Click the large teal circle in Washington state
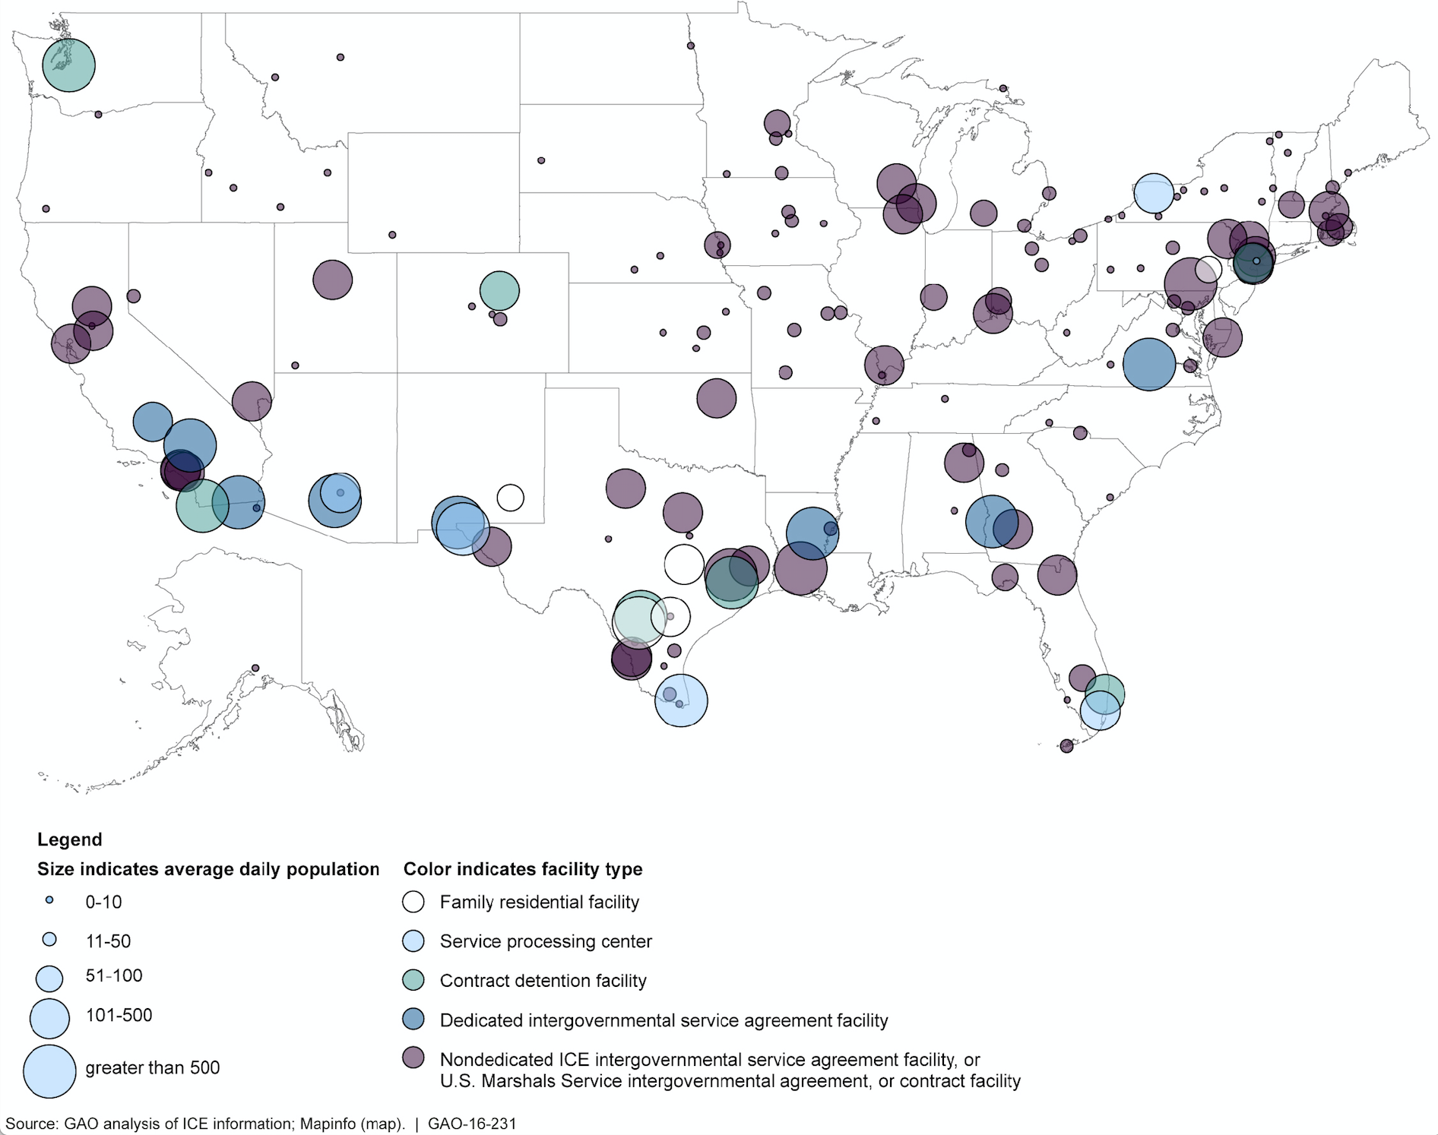tap(68, 65)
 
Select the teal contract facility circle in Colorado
tap(499, 290)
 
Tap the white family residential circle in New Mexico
tap(511, 498)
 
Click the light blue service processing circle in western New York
tap(1153, 193)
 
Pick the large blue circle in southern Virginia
tap(1148, 365)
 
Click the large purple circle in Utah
tap(332, 280)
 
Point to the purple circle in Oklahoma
tap(716, 397)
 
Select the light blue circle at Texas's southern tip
tap(681, 700)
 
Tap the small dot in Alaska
tap(255, 668)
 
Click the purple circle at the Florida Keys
tap(1066, 746)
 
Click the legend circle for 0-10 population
tap(49, 899)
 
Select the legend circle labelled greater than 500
tap(49, 1071)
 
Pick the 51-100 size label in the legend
tap(114, 975)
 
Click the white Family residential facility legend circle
tap(413, 902)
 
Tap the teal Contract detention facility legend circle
tap(413, 980)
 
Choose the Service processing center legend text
tap(546, 941)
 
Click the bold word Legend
tap(69, 839)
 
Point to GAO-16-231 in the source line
tap(472, 1124)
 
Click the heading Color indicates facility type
tap(522, 869)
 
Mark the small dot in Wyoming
tap(392, 235)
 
